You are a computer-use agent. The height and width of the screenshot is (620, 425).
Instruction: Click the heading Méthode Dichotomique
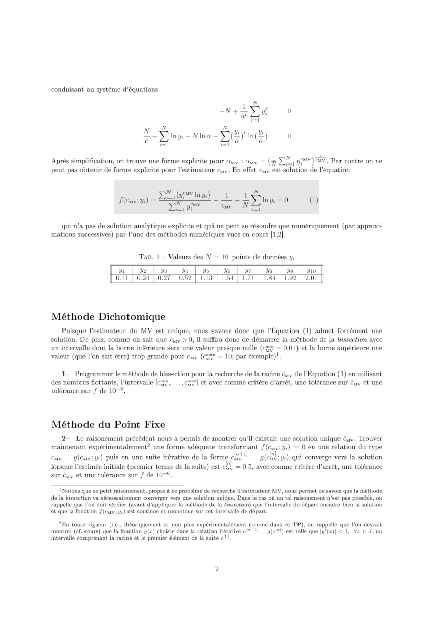pyautogui.click(x=108, y=317)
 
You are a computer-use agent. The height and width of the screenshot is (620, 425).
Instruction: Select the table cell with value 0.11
pyautogui.click(x=121, y=278)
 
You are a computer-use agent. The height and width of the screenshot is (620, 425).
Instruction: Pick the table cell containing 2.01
pyautogui.click(x=312, y=278)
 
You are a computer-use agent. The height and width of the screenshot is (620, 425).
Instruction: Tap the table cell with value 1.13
pyautogui.click(x=206, y=278)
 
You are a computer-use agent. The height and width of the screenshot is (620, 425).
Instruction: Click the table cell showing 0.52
pyautogui.click(x=185, y=278)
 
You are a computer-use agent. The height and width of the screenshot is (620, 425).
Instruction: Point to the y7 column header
pyautogui.click(x=248, y=270)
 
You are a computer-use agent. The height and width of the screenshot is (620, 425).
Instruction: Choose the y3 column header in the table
pyautogui.click(x=163, y=270)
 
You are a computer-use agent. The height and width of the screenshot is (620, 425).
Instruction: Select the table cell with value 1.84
pyautogui.click(x=269, y=278)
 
